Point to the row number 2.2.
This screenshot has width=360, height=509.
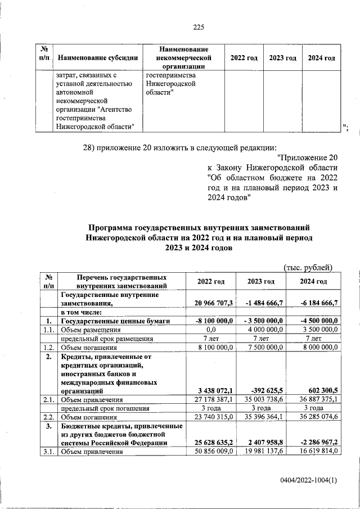pyautogui.click(x=48, y=417)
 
